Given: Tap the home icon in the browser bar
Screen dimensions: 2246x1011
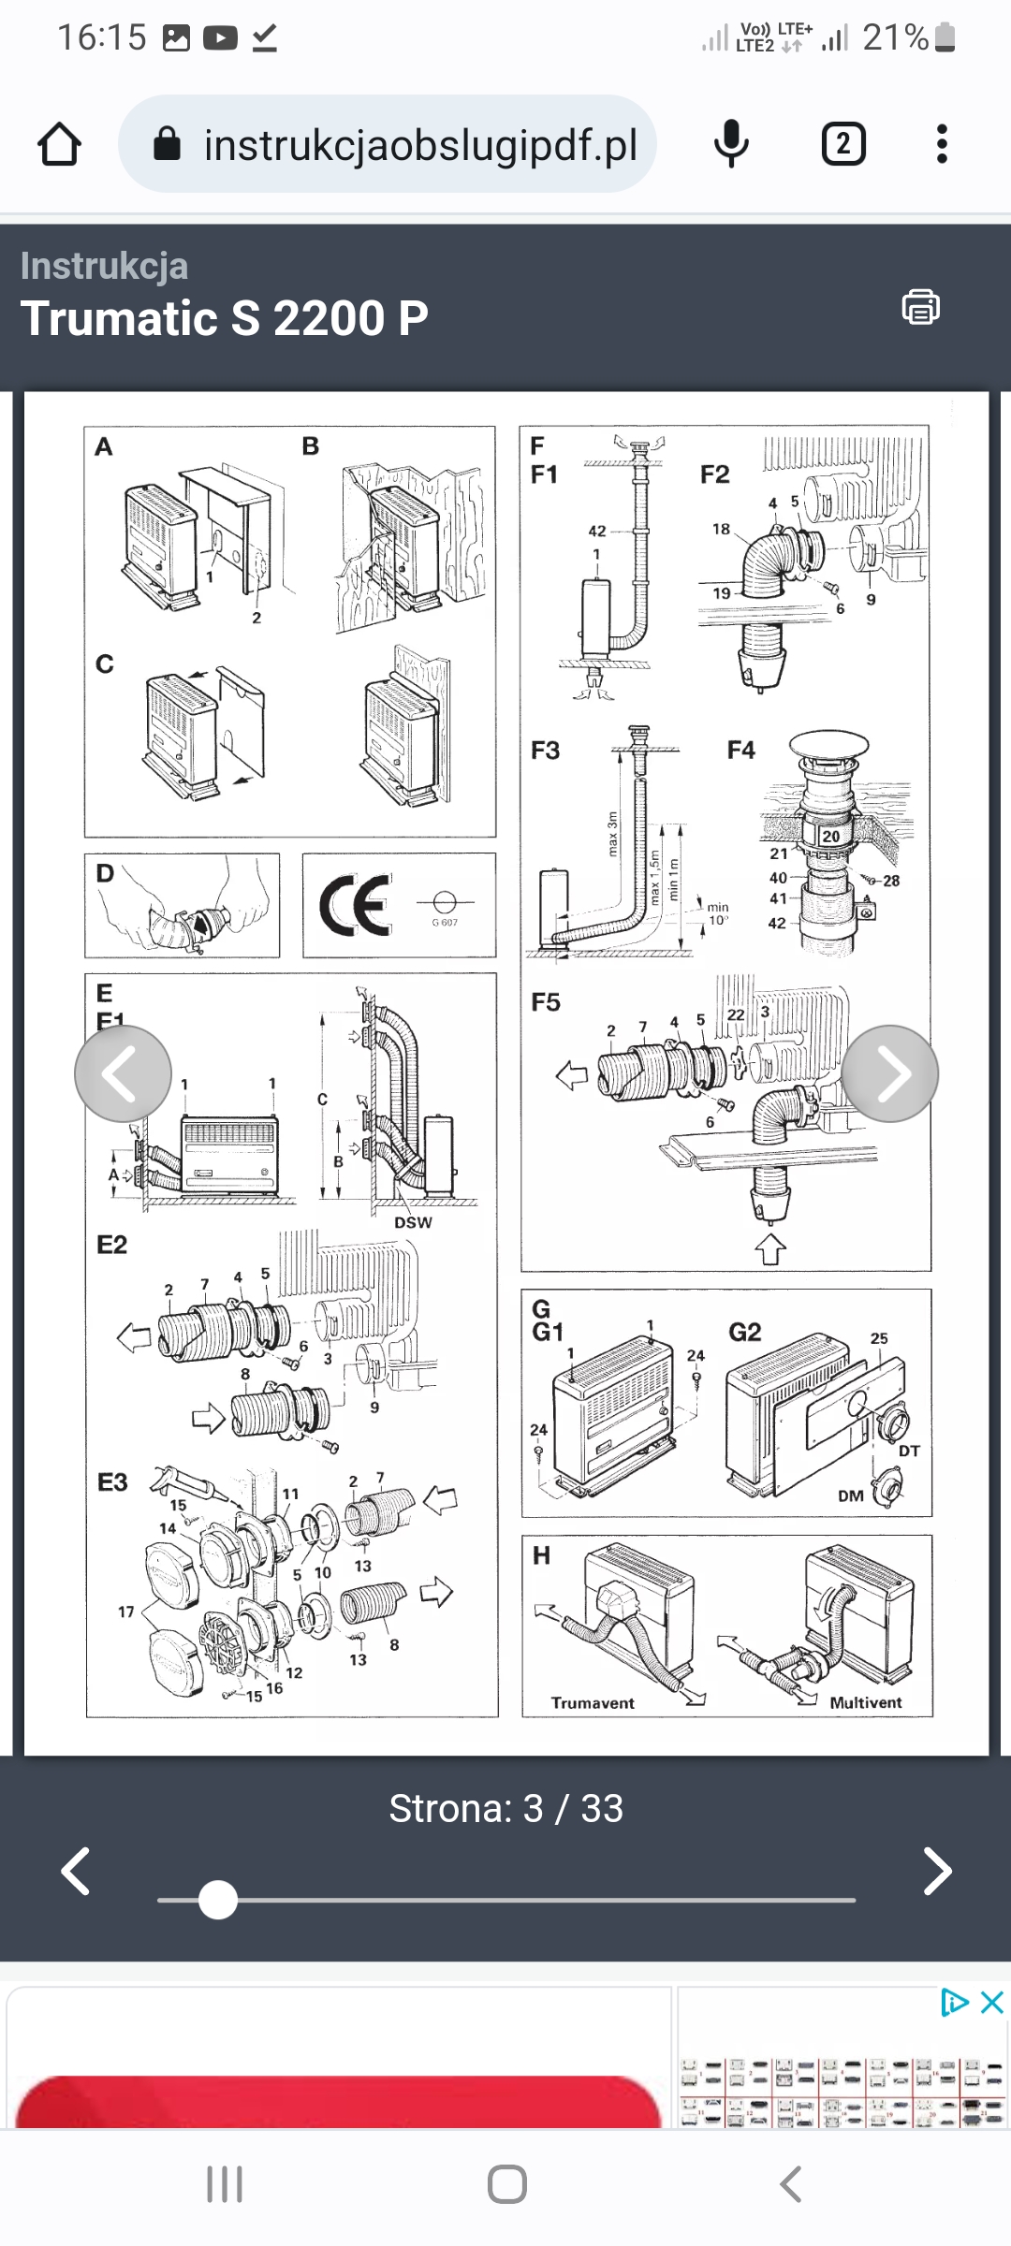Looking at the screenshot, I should tap(59, 145).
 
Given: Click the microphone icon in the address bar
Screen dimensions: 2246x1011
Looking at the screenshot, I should tap(731, 144).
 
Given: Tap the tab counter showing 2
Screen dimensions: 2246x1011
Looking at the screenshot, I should tap(842, 144).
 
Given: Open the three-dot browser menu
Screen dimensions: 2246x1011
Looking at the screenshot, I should tap(942, 144).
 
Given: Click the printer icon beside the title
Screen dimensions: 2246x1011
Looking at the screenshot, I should tap(920, 307).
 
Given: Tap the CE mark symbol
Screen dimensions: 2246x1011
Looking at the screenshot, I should tap(356, 905).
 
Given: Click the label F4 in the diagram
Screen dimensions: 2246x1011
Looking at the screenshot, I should tap(740, 750).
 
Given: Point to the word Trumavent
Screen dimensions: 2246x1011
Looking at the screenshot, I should tap(593, 1702).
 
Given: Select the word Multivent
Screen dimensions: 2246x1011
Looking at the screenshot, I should tap(865, 1702).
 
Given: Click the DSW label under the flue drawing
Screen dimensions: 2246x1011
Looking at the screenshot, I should tap(413, 1222).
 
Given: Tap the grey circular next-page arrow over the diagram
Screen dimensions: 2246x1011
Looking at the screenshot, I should tap(889, 1073).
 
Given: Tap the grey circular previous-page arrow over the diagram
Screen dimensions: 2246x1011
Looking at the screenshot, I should tap(123, 1073).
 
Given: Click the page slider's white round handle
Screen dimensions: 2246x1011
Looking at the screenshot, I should tap(218, 1900).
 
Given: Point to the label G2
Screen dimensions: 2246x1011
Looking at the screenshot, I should tap(744, 1332).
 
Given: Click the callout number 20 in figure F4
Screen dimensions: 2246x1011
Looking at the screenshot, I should tap(830, 836).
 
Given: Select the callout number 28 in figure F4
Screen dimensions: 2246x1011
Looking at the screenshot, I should tap(891, 881).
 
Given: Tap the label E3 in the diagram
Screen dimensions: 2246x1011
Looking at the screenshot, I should tap(112, 1482).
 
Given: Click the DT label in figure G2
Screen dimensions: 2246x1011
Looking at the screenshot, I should tap(909, 1451).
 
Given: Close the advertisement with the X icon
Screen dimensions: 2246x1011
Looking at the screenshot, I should tap(991, 2003).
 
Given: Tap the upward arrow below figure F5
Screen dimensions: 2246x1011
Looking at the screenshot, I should tap(769, 1248).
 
